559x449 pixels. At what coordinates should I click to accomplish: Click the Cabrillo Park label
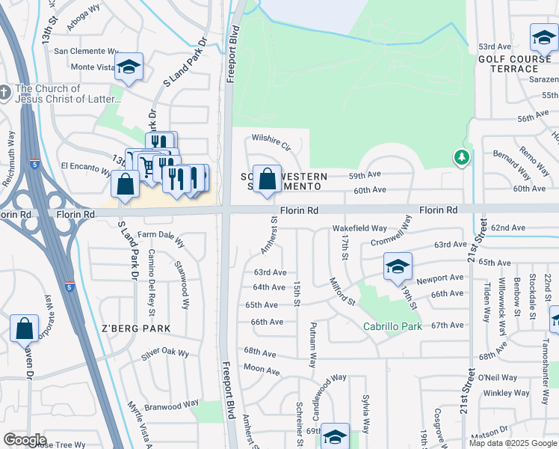(x=392, y=326)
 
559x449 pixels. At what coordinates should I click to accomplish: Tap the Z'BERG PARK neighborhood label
(x=135, y=329)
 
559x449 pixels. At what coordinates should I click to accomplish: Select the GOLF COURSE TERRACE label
(x=514, y=63)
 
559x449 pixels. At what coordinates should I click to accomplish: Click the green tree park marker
(x=462, y=156)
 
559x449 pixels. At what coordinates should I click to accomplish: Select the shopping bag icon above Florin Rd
(x=267, y=180)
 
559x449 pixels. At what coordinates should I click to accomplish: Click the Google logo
(x=25, y=440)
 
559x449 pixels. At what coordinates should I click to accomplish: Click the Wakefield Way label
(x=359, y=227)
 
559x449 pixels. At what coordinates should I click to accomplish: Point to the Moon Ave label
(x=261, y=368)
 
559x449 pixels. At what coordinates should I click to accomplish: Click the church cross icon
(x=5, y=93)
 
